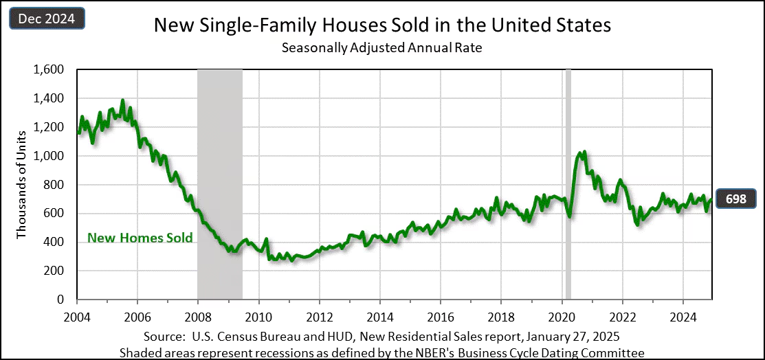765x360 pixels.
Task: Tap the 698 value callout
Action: click(737, 199)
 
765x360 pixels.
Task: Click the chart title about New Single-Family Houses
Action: click(382, 26)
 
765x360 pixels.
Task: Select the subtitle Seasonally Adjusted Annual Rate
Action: click(382, 48)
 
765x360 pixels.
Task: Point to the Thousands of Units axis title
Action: click(21, 184)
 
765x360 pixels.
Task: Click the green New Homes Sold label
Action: click(140, 238)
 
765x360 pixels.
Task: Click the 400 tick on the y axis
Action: click(54, 242)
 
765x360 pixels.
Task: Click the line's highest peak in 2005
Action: click(123, 101)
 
